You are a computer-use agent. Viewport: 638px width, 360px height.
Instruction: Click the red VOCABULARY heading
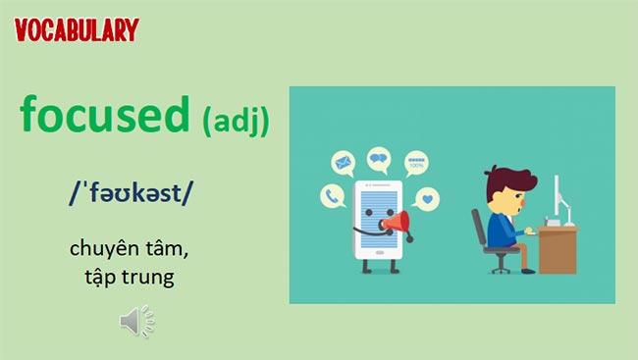77,28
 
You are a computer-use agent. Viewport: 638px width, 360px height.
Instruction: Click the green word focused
104,116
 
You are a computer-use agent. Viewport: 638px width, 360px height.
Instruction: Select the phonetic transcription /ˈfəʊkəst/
132,194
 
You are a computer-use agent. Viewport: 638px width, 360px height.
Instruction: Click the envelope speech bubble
343,162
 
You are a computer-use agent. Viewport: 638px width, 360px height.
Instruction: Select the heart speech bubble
426,200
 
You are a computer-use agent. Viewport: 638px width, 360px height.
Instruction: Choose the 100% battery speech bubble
416,164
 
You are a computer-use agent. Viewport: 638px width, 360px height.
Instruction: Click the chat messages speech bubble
378,158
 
